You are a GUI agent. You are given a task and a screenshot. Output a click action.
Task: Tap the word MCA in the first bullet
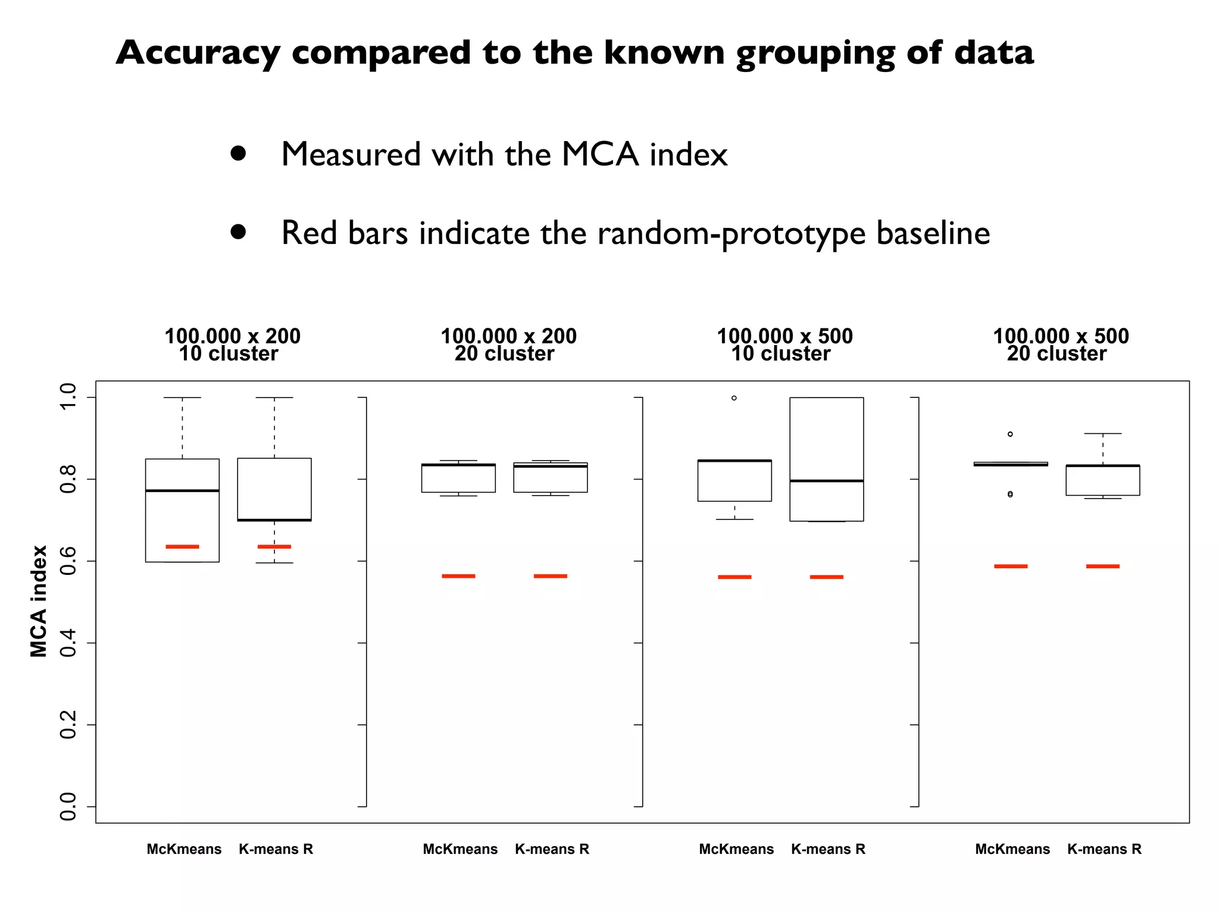(600, 155)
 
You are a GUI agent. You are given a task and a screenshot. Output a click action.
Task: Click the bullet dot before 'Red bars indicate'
(238, 231)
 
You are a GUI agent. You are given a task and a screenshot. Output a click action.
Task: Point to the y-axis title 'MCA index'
(39, 601)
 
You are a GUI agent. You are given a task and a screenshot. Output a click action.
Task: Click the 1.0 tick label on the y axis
(68, 397)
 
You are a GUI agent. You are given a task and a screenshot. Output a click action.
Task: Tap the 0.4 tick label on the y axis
(68, 643)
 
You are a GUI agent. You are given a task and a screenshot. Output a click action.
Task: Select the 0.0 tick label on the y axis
(68, 806)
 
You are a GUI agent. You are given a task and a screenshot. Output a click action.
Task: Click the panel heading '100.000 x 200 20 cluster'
(508, 345)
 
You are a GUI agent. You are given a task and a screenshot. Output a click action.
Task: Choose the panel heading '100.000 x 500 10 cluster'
(784, 345)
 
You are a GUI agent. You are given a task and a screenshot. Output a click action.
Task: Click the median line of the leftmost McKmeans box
(182, 490)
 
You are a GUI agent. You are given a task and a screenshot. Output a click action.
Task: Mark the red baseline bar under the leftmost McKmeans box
(182, 546)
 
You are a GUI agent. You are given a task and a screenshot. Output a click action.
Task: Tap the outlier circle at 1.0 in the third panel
(734, 398)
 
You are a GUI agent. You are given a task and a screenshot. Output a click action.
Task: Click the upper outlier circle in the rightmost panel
(1010, 434)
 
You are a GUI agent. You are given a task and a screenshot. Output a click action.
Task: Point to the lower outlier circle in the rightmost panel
(1010, 494)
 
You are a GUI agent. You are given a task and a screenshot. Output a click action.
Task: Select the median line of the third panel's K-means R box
(826, 480)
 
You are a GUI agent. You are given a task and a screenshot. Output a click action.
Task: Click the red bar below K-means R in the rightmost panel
(1102, 566)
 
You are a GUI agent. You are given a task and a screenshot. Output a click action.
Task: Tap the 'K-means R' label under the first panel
(276, 849)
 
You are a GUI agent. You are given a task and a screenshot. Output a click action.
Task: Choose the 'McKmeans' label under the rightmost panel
(1012, 849)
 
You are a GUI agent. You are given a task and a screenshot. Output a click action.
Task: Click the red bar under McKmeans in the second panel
(458, 576)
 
